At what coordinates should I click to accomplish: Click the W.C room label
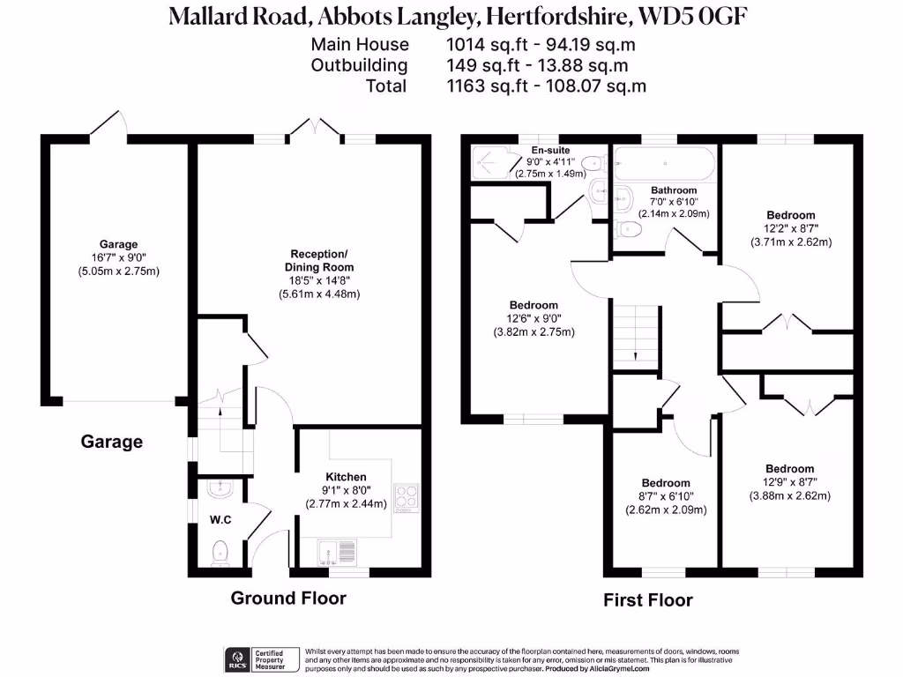[220, 520]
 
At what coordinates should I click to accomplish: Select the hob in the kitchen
[407, 497]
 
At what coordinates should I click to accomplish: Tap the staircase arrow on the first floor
[636, 354]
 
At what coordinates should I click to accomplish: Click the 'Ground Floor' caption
[288, 599]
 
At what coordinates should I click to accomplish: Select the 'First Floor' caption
[648, 600]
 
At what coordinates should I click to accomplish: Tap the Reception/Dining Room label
[318, 261]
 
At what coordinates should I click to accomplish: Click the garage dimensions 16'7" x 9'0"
[118, 258]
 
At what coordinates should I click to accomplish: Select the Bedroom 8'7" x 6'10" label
[666, 496]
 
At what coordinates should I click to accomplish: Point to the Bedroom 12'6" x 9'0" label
[534, 319]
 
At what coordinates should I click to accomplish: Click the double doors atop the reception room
[315, 129]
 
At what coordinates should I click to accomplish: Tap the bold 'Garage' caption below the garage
[112, 442]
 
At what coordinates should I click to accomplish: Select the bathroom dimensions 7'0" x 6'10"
[674, 202]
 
